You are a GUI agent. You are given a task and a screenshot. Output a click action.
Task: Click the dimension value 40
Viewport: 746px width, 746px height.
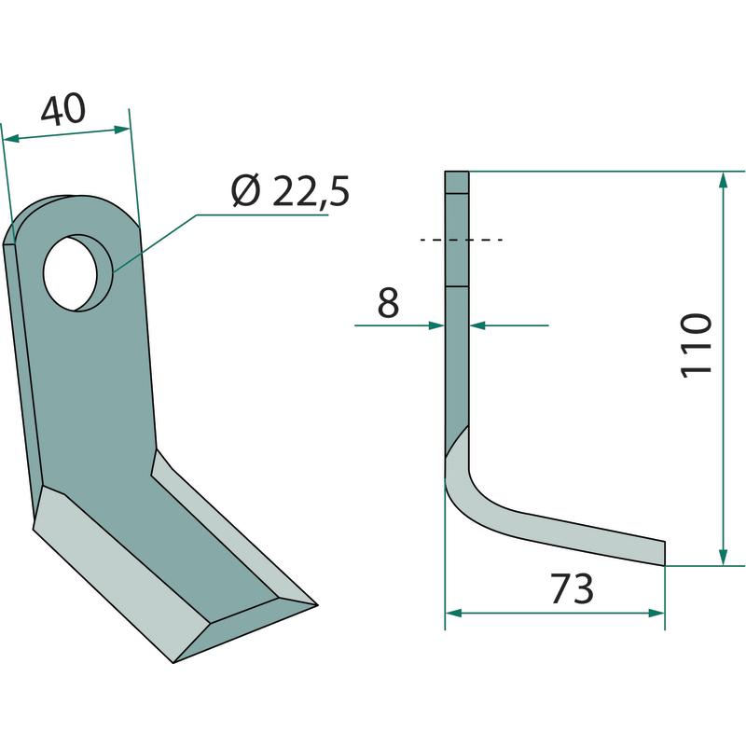(62, 110)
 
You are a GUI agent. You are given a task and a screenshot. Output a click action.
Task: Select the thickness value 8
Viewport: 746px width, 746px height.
(388, 304)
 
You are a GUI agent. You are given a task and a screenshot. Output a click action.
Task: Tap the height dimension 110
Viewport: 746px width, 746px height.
(697, 345)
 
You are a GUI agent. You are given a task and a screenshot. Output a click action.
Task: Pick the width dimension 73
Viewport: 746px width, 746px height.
(572, 589)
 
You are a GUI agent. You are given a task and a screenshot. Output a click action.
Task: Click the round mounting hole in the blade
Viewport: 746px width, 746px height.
(77, 272)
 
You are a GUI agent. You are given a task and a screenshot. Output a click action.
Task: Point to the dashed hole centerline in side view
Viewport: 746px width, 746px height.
(462, 241)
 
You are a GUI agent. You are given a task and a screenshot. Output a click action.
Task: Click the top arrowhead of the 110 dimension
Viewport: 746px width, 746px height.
(724, 181)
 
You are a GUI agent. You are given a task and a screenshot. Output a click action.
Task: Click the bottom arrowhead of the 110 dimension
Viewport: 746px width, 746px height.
(724, 556)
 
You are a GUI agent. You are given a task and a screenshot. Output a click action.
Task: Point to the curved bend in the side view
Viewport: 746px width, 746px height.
(466, 485)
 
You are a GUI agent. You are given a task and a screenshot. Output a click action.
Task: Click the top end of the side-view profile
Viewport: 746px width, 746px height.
(457, 174)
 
